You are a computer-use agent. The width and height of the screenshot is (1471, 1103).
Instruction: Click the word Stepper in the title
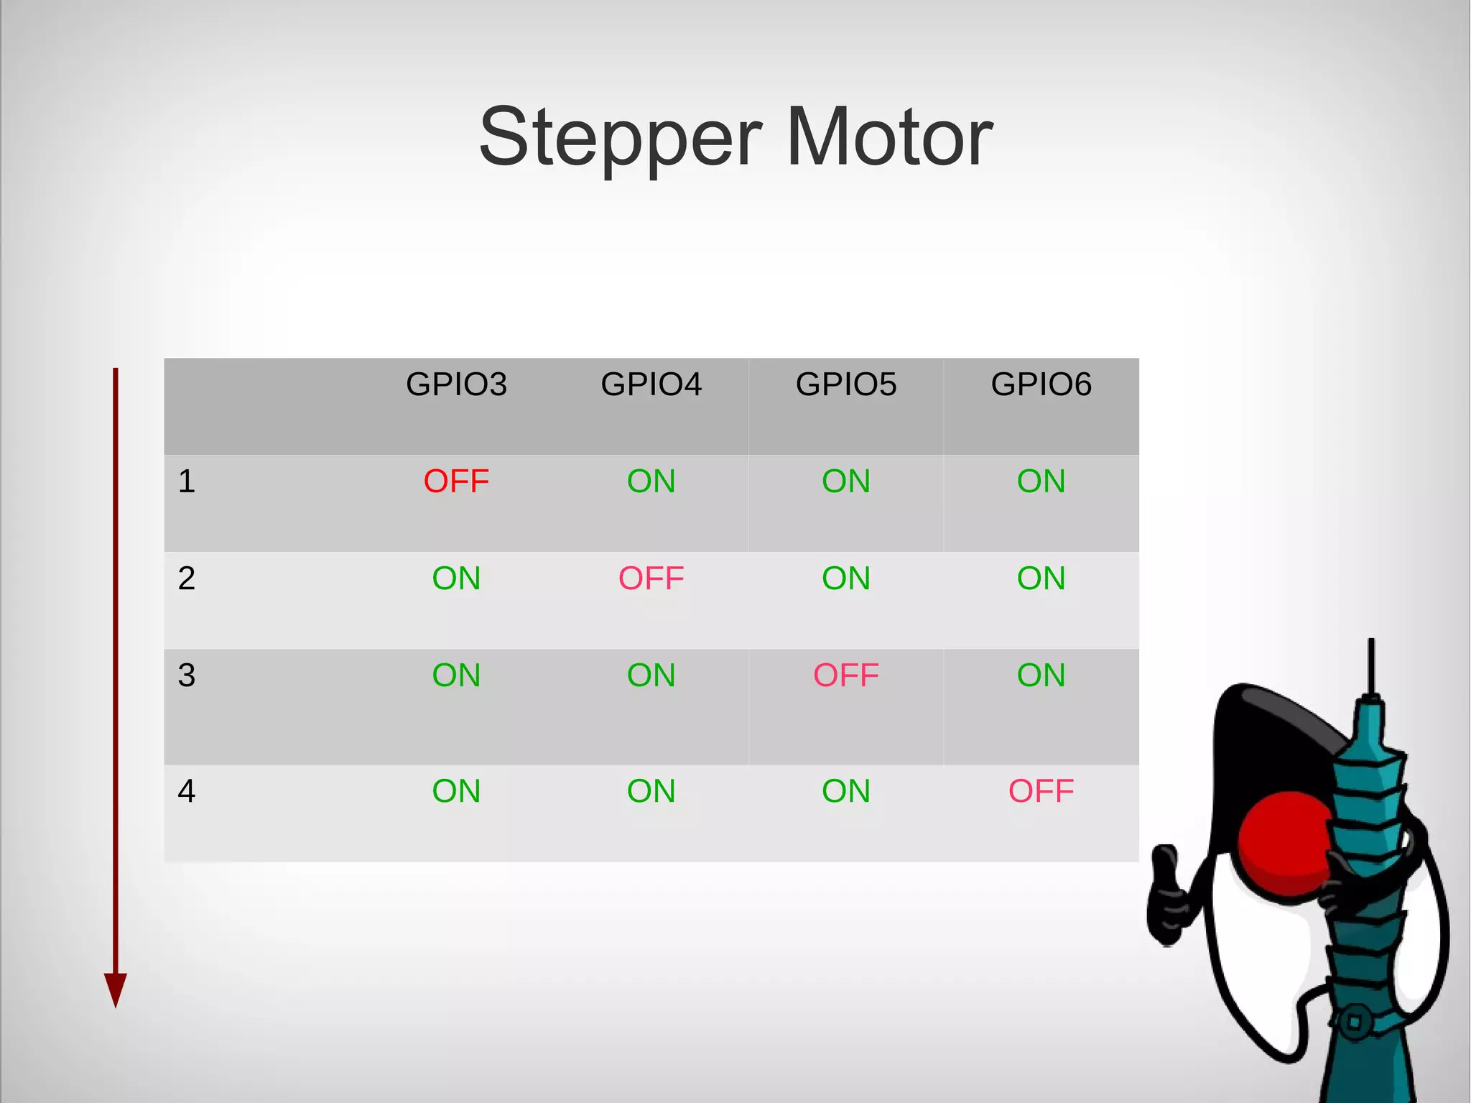coord(620,138)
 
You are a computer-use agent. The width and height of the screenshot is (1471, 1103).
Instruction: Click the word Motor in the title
coord(889,137)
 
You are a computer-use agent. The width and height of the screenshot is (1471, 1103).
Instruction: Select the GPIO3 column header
coord(456,384)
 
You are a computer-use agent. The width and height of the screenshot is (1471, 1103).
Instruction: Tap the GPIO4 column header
coord(651,384)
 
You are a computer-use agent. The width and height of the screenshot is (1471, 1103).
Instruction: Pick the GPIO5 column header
coord(846,384)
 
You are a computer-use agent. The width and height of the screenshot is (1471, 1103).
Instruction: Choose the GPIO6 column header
coord(1041,384)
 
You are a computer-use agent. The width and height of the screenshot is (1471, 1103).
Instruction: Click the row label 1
coord(187,481)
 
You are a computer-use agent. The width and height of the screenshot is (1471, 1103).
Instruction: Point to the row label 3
coord(187,675)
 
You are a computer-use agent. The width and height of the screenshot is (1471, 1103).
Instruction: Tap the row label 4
coord(187,791)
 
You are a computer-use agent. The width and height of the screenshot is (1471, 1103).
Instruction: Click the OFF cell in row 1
coord(456,481)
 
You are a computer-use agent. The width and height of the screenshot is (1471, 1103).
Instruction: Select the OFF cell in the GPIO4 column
coord(651,578)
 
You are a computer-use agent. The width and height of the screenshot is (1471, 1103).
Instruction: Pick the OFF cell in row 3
coord(846,675)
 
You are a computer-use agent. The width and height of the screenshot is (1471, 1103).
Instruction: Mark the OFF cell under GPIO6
coord(1041,791)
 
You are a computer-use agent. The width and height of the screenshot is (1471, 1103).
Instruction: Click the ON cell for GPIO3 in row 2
coord(456,578)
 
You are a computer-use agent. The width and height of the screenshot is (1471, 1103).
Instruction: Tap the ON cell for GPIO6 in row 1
coord(1041,481)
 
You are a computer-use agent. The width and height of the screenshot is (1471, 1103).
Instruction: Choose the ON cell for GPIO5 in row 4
coord(846,791)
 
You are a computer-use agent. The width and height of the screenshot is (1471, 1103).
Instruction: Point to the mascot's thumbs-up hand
coord(1168,895)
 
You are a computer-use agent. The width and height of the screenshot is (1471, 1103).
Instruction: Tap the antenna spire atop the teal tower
coord(1371,665)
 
